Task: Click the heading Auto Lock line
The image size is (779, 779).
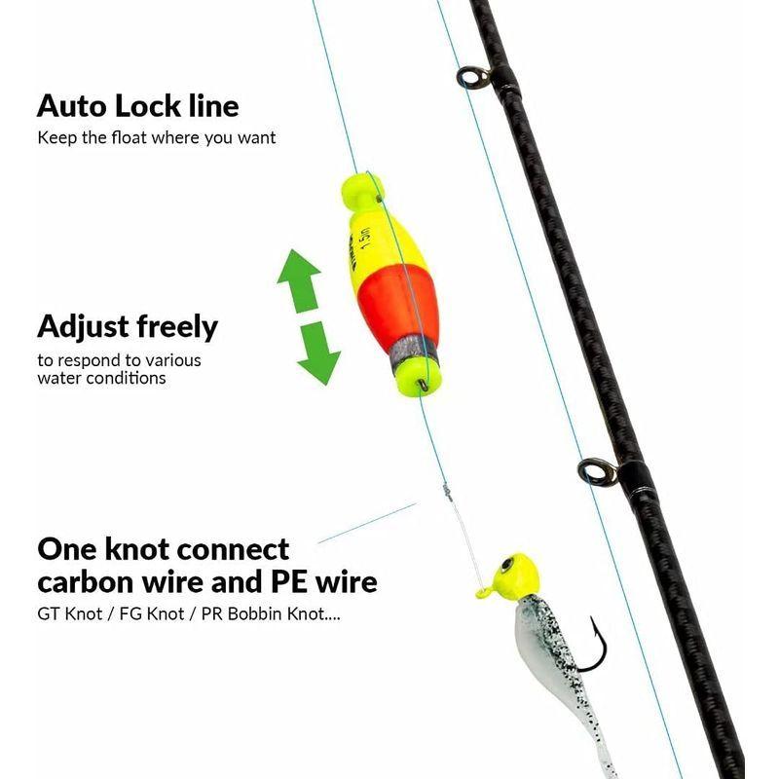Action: click(137, 106)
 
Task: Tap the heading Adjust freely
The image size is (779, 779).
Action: click(128, 327)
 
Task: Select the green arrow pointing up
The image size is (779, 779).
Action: click(299, 280)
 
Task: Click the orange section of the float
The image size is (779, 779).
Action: click(397, 308)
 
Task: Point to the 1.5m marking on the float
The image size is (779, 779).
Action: click(365, 240)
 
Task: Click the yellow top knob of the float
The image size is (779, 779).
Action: click(361, 190)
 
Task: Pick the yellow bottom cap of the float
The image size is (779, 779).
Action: click(418, 378)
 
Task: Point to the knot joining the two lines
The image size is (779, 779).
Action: click(448, 493)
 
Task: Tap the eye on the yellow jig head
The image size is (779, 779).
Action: click(507, 565)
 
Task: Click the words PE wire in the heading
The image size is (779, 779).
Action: click(323, 581)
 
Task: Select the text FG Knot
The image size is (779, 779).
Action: click(152, 614)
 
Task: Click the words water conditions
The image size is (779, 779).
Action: click(101, 378)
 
